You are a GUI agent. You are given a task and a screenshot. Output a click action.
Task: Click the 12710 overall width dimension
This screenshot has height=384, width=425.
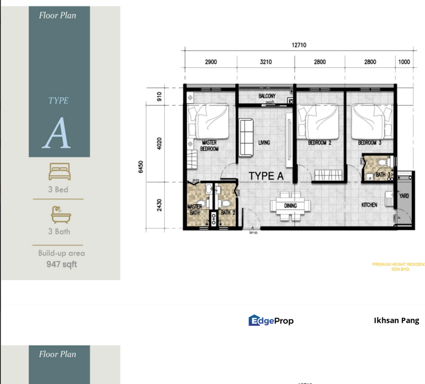(299, 45)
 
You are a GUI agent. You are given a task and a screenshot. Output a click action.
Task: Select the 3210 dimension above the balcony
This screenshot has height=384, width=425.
(266, 62)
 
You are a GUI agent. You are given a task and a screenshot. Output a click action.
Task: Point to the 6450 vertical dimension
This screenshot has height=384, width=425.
(141, 167)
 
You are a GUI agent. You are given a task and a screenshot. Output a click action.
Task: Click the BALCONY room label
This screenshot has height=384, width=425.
(267, 96)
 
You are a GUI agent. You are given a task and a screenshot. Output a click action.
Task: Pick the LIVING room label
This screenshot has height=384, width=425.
(264, 142)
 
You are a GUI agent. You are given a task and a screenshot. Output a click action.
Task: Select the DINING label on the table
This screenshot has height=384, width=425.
(290, 205)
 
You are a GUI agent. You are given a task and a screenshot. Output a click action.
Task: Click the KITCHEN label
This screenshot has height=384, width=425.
(369, 205)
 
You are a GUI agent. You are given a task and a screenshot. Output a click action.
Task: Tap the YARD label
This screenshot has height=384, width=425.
(404, 196)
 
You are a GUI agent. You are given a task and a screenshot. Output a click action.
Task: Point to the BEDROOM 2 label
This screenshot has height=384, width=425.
(320, 142)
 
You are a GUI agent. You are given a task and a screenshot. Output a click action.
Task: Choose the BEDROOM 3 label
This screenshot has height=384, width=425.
(370, 142)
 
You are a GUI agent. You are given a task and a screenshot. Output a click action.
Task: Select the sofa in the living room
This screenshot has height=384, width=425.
(246, 138)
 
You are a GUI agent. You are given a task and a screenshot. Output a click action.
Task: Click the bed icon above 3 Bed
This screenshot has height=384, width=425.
(58, 171)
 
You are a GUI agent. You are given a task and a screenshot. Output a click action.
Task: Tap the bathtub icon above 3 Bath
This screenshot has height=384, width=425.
(58, 214)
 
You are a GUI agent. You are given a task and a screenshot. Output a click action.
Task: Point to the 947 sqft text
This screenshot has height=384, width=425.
(61, 264)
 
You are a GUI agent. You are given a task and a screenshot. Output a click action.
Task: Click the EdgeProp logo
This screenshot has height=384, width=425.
(271, 321)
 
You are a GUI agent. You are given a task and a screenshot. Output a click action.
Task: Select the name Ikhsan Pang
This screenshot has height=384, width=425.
(396, 321)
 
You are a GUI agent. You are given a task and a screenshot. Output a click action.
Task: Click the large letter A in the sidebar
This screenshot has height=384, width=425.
(57, 134)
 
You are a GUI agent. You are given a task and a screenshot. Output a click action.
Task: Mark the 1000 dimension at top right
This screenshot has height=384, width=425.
(404, 62)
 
